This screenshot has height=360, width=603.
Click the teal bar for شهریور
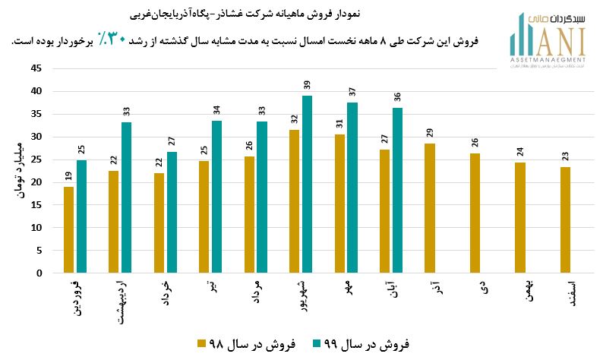point(307,184)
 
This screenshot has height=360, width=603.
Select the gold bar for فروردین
point(69,229)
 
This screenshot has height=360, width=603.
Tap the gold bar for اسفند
point(564,219)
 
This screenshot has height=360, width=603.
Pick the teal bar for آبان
point(397,190)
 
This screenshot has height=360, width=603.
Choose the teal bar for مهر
point(352,188)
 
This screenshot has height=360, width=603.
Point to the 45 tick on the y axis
point(36,68)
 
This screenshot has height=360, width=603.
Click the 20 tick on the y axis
point(36,182)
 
